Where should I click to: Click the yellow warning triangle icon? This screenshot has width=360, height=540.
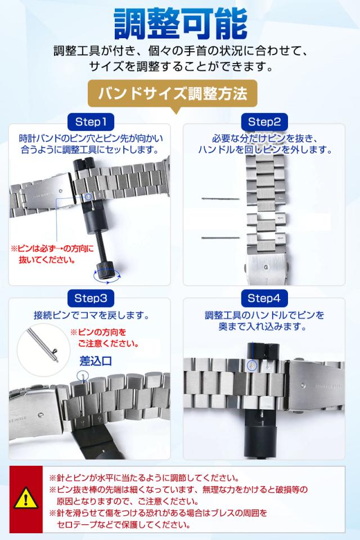click(25, 497)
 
